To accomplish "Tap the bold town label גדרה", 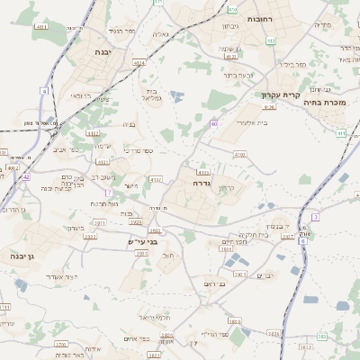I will coord(201,182).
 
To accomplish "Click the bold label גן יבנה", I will coord(17,256).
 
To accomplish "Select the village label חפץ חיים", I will coord(235,241).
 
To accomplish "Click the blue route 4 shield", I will coord(44,91).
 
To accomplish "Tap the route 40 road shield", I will coord(213,122).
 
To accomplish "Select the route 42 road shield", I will coord(27,177).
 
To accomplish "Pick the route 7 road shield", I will coord(108,192).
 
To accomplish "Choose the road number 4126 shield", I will coord(269,106).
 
